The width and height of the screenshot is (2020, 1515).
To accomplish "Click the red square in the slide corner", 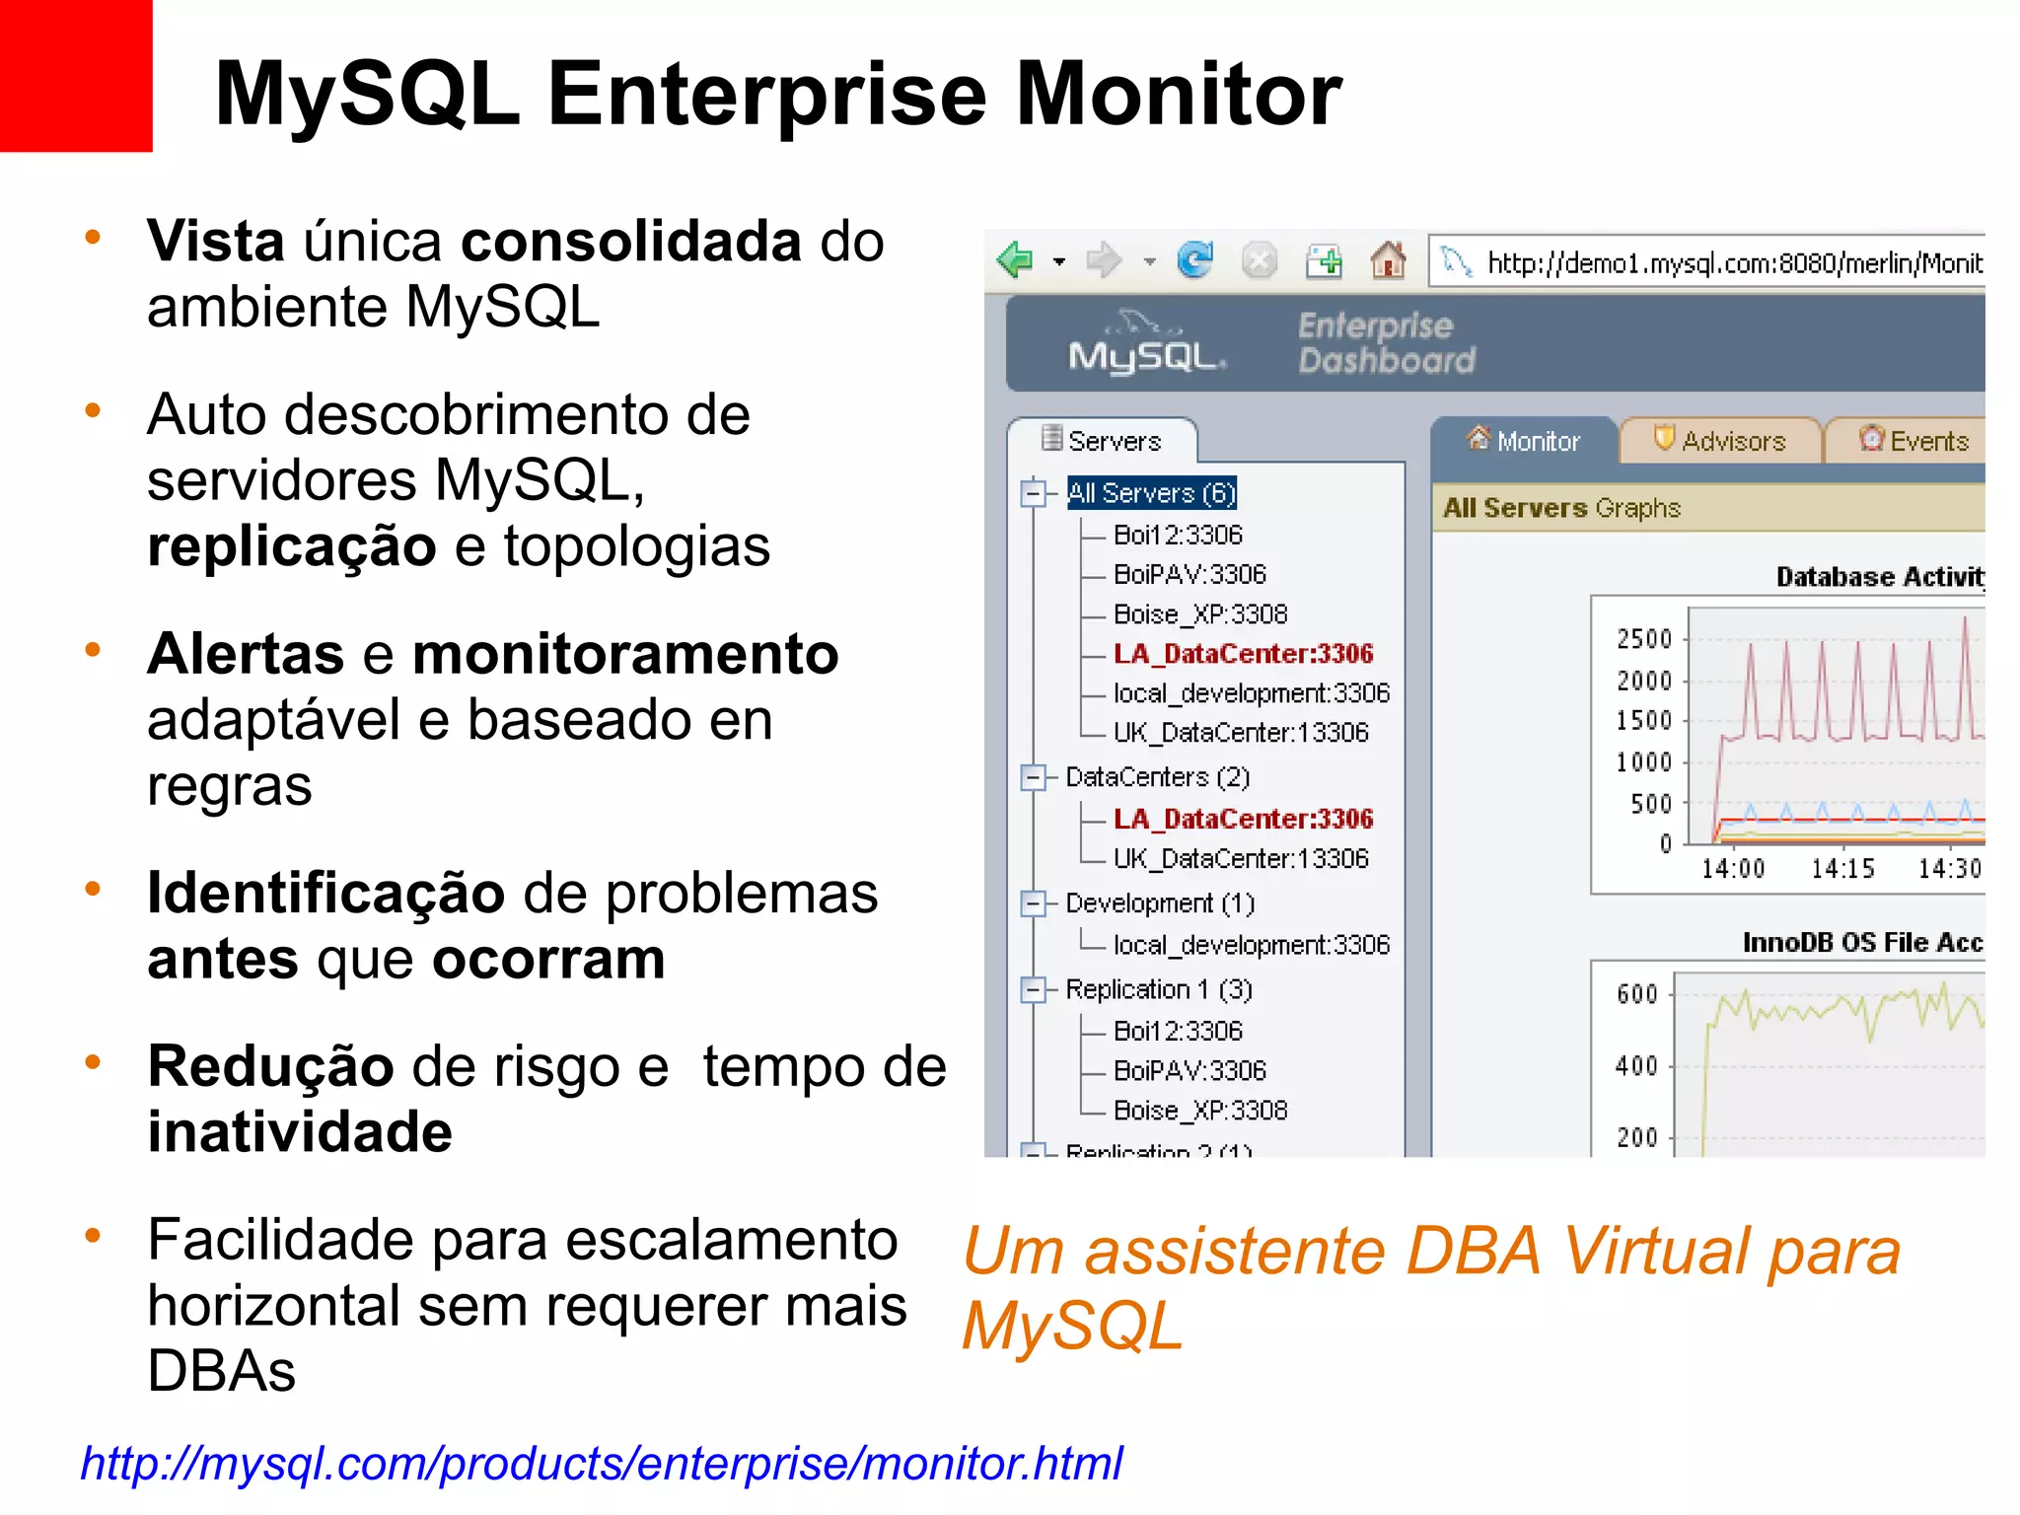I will (76, 76).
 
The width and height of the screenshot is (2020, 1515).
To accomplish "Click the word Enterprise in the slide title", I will (766, 95).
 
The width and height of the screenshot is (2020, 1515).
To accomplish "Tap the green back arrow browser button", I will (1014, 261).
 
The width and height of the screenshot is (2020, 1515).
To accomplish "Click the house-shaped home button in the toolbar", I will (1388, 261).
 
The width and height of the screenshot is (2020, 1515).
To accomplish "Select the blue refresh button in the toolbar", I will (1195, 261).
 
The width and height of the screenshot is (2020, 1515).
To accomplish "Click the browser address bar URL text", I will (1733, 263).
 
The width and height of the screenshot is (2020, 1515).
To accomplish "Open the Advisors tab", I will (1721, 441).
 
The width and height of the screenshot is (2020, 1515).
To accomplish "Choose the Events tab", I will (1914, 441).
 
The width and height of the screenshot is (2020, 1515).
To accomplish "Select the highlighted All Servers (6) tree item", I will (1151, 493).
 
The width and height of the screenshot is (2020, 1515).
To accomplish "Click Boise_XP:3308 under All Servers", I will (1199, 614).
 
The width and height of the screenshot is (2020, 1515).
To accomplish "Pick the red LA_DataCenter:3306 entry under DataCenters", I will (1243, 819).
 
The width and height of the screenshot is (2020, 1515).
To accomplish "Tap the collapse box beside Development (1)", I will (1033, 903).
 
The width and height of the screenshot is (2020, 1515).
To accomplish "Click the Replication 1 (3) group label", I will (1158, 989).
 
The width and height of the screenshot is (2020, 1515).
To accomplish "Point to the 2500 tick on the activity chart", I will (1645, 639).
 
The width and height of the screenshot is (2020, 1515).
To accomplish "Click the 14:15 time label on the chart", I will (1842, 869).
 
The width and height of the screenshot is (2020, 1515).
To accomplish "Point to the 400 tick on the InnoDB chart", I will (1637, 1066).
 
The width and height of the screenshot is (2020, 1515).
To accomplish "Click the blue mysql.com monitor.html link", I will (602, 1463).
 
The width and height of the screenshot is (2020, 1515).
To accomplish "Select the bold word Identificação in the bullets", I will (325, 894).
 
